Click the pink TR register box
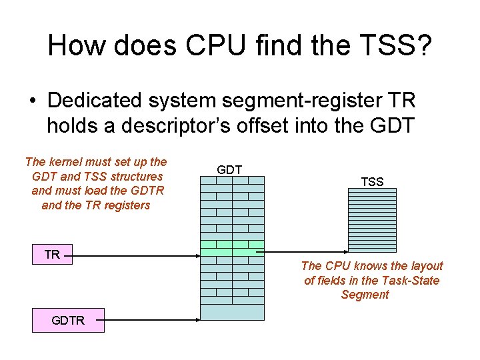[x=53, y=254]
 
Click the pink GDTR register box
[x=68, y=321]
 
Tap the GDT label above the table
[x=229, y=170]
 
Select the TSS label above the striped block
[x=372, y=181]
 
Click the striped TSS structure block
[x=372, y=217]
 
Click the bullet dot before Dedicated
[x=32, y=101]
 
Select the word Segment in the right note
[x=365, y=295]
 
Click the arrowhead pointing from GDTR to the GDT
[x=197, y=321]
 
